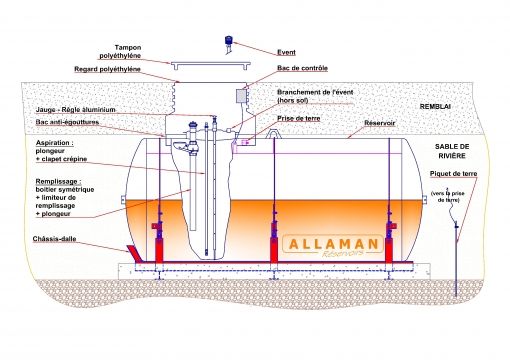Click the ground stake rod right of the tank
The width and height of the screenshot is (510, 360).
point(456,250)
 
